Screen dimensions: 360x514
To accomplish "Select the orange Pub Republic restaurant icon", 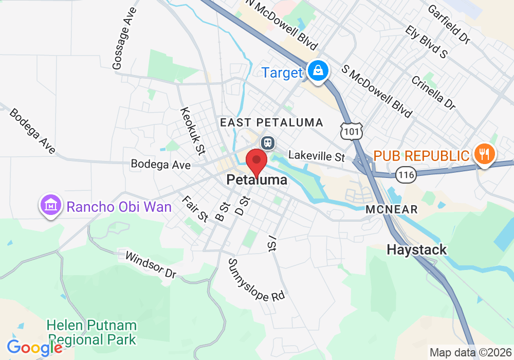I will pyautogui.click(x=483, y=153).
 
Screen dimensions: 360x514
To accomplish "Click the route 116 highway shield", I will pyautogui.click(x=406, y=175).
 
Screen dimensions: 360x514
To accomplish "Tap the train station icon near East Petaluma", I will pyautogui.click(x=267, y=142).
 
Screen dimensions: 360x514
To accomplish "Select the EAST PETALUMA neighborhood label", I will pyautogui.click(x=271, y=122).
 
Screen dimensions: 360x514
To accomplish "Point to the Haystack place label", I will pyautogui.click(x=416, y=250).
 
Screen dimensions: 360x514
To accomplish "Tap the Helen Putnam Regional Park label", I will pyautogui.click(x=91, y=332).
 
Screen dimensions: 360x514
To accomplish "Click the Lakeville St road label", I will pyautogui.click(x=316, y=155).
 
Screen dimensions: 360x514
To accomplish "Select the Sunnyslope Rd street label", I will pyautogui.click(x=256, y=280).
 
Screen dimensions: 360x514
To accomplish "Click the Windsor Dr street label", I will pyautogui.click(x=151, y=264).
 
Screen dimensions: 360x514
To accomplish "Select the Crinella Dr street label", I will pyautogui.click(x=433, y=93).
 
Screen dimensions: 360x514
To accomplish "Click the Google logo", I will pyautogui.click(x=34, y=348).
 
